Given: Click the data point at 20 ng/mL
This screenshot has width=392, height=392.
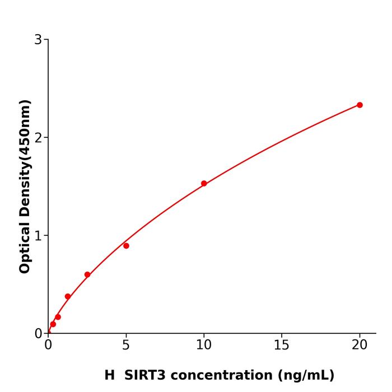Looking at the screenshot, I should [x=360, y=105].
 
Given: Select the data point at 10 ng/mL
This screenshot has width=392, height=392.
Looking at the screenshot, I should [x=204, y=183].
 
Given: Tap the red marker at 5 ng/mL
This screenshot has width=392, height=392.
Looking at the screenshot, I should [x=126, y=246].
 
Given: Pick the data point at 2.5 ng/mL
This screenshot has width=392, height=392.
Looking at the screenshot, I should [x=87, y=274].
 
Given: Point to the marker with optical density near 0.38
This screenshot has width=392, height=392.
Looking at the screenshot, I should [x=68, y=296].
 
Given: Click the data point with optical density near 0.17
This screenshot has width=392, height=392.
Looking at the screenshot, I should [x=58, y=317].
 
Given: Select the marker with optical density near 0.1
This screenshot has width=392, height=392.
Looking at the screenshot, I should [x=53, y=324].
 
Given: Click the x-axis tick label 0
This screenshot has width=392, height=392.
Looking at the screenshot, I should [x=48, y=345].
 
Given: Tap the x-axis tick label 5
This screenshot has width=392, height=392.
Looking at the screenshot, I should [x=126, y=345].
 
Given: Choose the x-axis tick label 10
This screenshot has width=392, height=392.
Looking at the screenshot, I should [x=204, y=345].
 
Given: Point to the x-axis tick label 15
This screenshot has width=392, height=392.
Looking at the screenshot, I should [x=282, y=345].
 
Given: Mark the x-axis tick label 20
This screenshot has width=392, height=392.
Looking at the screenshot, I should [x=360, y=345].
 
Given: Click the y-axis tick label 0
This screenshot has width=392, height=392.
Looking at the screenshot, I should [x=38, y=333].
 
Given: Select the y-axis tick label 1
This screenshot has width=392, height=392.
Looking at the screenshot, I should [x=38, y=235].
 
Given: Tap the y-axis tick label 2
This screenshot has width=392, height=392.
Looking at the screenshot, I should [x=38, y=137].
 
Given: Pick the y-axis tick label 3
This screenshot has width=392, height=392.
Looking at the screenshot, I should [x=38, y=39].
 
